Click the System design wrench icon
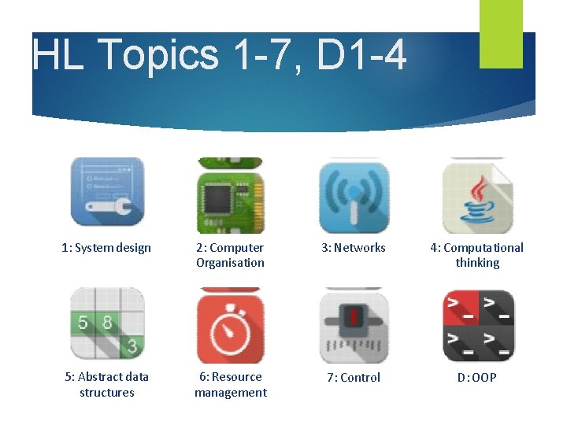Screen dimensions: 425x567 click(x=107, y=191)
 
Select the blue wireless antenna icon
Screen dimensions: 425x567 click(x=354, y=198)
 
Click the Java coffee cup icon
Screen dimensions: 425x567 click(x=477, y=196)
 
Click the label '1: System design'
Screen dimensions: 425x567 click(x=106, y=248)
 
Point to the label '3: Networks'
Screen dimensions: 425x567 click(x=354, y=248)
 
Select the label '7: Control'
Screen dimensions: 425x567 click(x=354, y=378)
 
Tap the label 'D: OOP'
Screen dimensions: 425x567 click(x=477, y=378)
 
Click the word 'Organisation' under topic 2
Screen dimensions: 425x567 click(x=230, y=263)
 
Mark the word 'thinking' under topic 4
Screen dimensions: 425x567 click(x=477, y=263)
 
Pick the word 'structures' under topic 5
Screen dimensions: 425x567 click(x=107, y=393)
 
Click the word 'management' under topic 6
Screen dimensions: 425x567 click(x=231, y=393)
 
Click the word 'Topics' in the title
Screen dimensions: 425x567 click(x=159, y=55)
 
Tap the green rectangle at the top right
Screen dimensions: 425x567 click(x=501, y=33)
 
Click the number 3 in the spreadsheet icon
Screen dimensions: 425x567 click(x=132, y=346)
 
